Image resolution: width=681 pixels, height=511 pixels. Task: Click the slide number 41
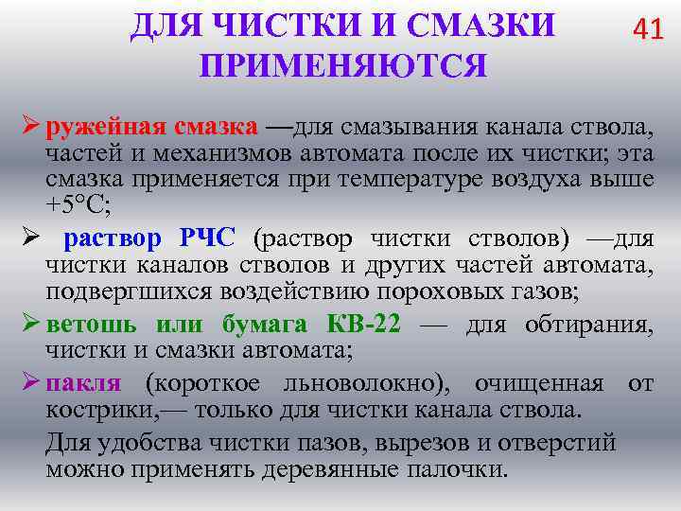coord(648,30)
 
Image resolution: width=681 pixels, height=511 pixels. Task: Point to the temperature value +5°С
coord(79,203)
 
